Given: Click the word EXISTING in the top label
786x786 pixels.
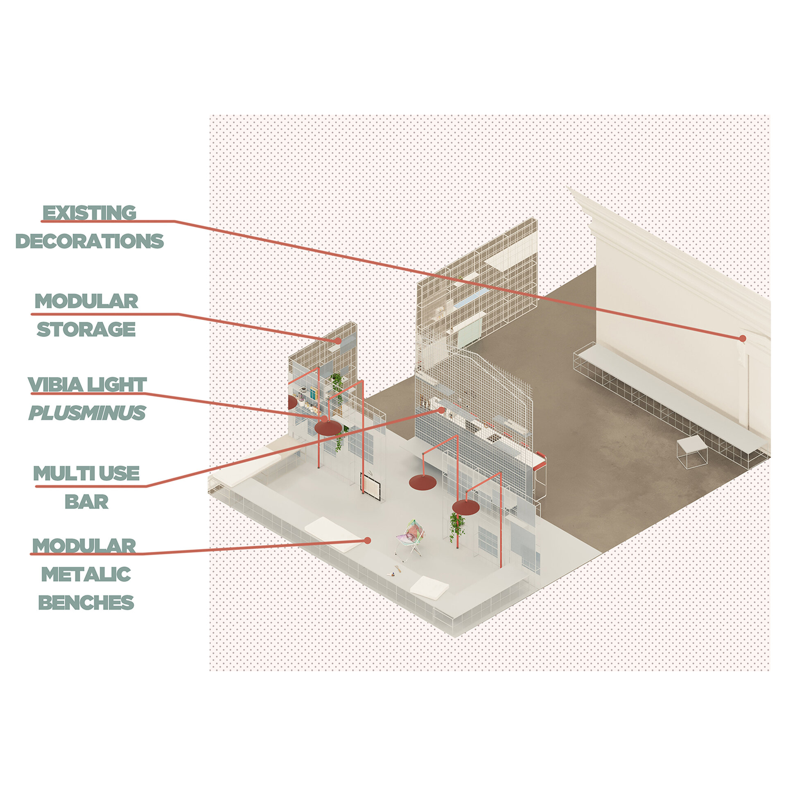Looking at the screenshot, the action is pyautogui.click(x=89, y=212).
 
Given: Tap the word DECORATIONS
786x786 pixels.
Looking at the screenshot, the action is pyautogui.click(x=90, y=241).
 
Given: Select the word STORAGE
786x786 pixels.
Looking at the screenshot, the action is pyautogui.click(x=86, y=329).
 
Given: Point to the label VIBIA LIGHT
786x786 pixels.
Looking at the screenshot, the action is pyautogui.click(x=87, y=384).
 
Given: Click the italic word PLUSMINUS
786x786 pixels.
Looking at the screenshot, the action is pyautogui.click(x=87, y=413).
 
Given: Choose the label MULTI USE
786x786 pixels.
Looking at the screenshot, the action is pyautogui.click(x=86, y=473).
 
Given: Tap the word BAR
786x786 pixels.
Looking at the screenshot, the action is pyautogui.click(x=86, y=501).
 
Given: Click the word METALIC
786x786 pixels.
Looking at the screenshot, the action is pyautogui.click(x=86, y=574).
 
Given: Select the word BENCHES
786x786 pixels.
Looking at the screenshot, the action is pyautogui.click(x=86, y=602).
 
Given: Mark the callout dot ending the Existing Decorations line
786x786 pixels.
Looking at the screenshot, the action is pyautogui.click(x=743, y=339).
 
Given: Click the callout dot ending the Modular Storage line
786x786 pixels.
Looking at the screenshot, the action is pyautogui.click(x=339, y=341).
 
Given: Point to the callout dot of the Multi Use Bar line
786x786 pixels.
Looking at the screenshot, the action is pyautogui.click(x=441, y=410).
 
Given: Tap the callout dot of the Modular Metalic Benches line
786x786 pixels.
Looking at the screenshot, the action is pyautogui.click(x=368, y=541).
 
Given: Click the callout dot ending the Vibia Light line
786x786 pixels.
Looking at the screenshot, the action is pyautogui.click(x=325, y=419).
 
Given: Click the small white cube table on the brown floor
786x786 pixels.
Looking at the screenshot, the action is pyautogui.click(x=692, y=452).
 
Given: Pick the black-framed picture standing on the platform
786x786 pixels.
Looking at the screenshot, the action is pyautogui.click(x=371, y=486).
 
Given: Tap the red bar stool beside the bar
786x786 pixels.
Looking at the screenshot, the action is pyautogui.click(x=540, y=475).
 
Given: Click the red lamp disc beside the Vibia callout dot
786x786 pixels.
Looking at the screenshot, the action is pyautogui.click(x=328, y=428).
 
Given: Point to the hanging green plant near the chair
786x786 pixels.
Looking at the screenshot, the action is pyautogui.click(x=457, y=528).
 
